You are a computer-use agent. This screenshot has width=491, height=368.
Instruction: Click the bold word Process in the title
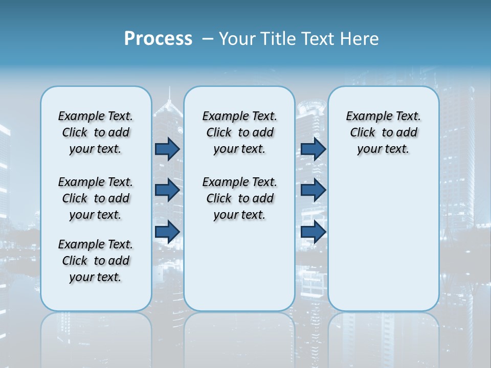158,39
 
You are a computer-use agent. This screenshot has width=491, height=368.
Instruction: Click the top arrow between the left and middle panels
167,149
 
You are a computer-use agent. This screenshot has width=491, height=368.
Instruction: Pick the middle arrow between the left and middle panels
167,190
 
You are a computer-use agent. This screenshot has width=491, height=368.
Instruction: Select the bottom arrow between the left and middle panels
167,232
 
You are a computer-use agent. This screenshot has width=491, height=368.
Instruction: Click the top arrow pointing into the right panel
314,149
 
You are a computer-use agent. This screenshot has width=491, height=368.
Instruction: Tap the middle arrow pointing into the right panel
314,190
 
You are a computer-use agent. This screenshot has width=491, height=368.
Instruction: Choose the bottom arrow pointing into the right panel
314,232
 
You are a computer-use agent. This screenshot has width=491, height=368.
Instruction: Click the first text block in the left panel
96,132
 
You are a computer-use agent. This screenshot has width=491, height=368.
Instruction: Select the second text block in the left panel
96,198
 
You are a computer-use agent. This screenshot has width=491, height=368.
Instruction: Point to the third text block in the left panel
96,261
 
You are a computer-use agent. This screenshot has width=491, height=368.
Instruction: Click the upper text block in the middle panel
239,132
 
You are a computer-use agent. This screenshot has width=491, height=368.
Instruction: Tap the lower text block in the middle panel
239,198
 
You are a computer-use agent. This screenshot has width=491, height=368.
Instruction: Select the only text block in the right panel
384,132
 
